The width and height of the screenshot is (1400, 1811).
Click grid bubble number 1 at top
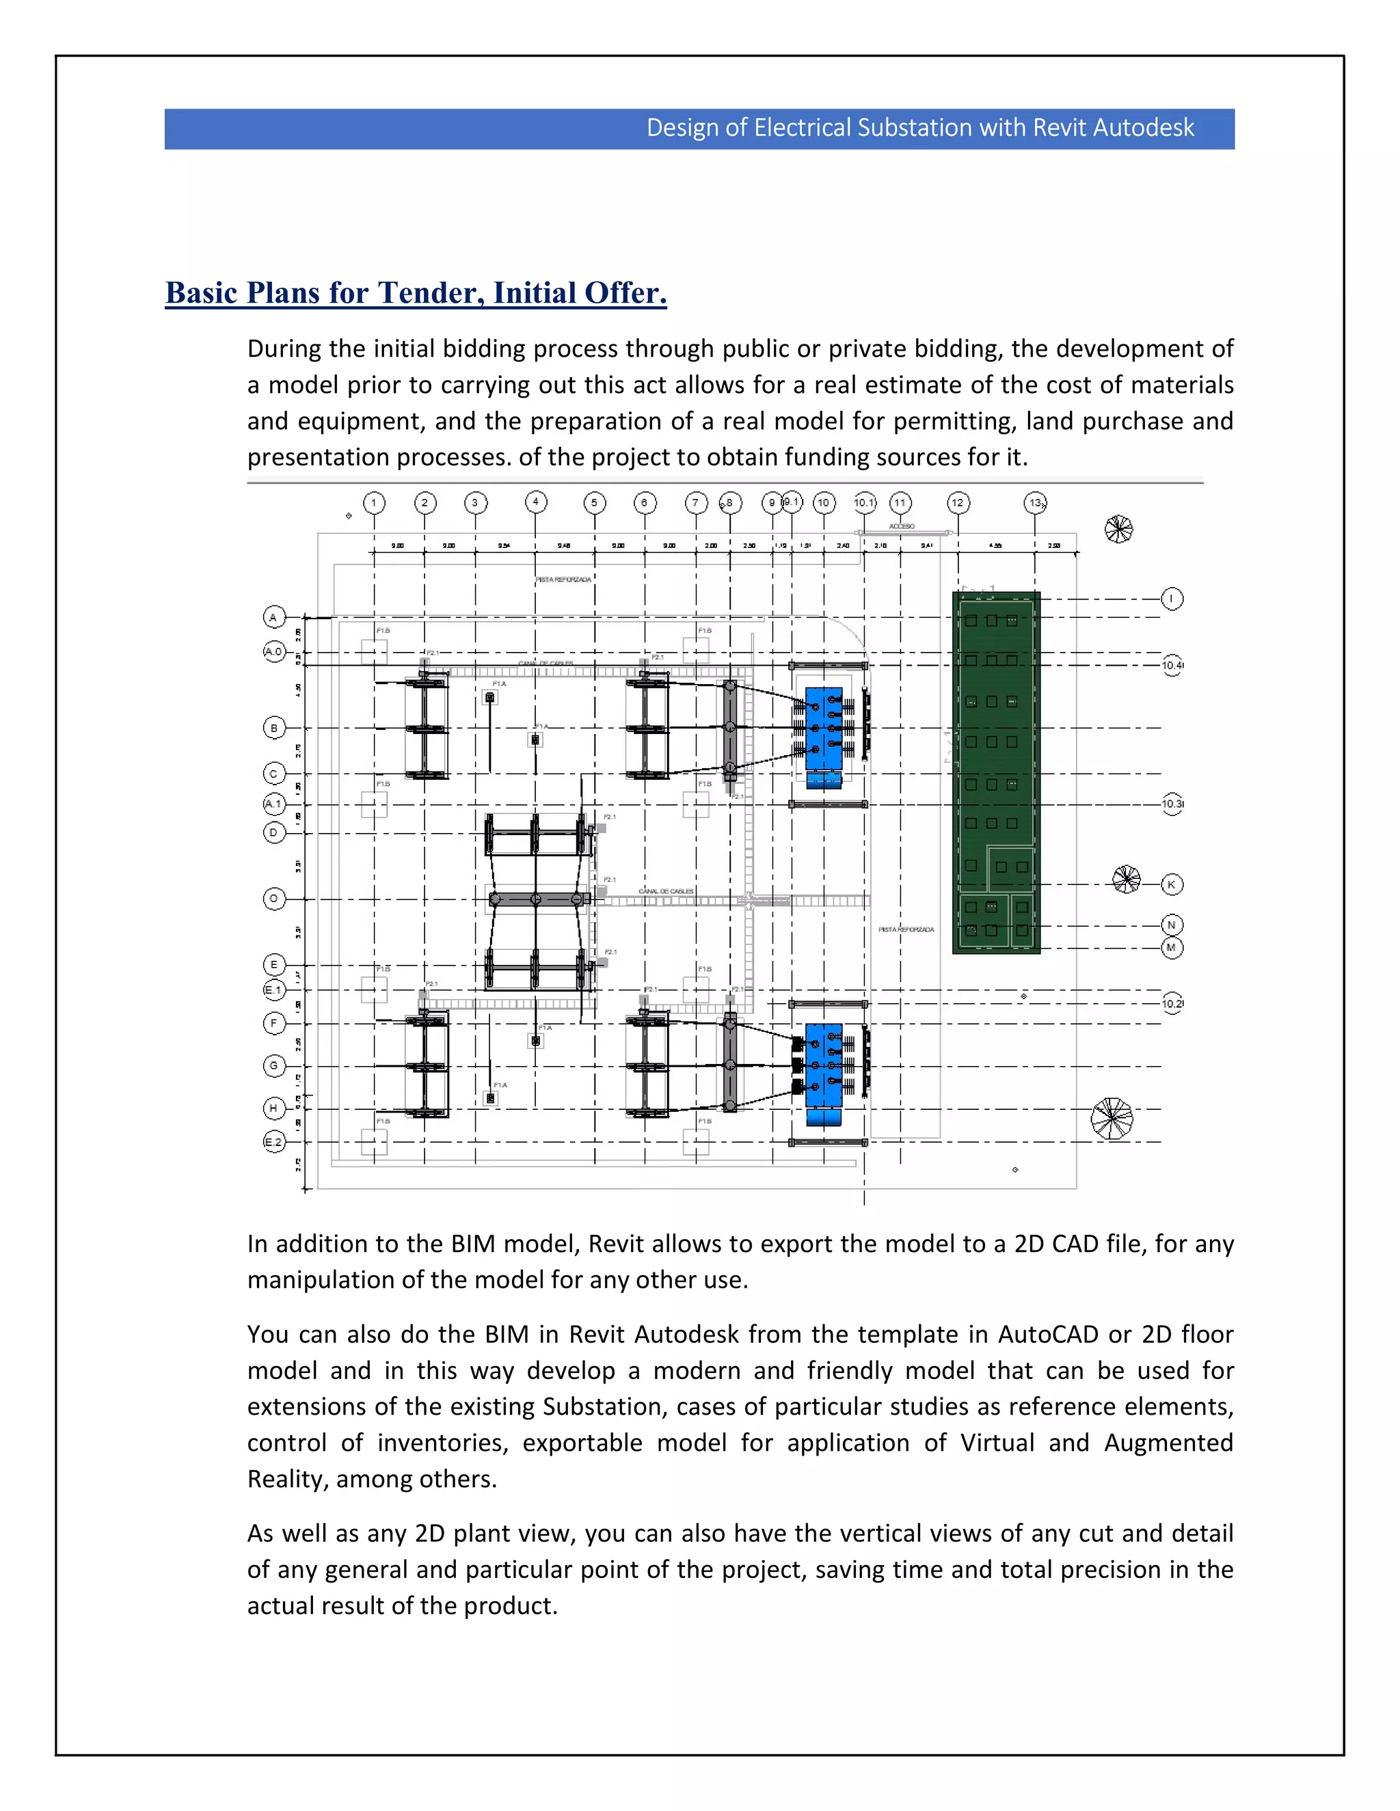(x=374, y=502)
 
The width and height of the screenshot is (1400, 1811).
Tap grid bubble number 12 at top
(x=958, y=502)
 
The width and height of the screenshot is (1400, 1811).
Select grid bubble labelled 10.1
(x=864, y=502)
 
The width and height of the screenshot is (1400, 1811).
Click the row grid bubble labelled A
(x=273, y=617)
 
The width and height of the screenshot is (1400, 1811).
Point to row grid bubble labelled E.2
(x=273, y=1142)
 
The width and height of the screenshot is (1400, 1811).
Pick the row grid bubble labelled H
(x=273, y=1108)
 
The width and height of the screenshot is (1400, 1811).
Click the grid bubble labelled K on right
(x=1171, y=884)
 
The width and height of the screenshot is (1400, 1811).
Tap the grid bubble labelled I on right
(x=1171, y=599)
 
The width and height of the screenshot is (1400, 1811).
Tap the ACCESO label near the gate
(x=902, y=526)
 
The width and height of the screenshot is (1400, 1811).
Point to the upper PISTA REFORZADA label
(x=563, y=580)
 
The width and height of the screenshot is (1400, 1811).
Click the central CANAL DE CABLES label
(x=666, y=890)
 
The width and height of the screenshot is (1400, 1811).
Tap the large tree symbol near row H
(x=1112, y=1118)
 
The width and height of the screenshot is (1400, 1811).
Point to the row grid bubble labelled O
(x=273, y=898)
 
